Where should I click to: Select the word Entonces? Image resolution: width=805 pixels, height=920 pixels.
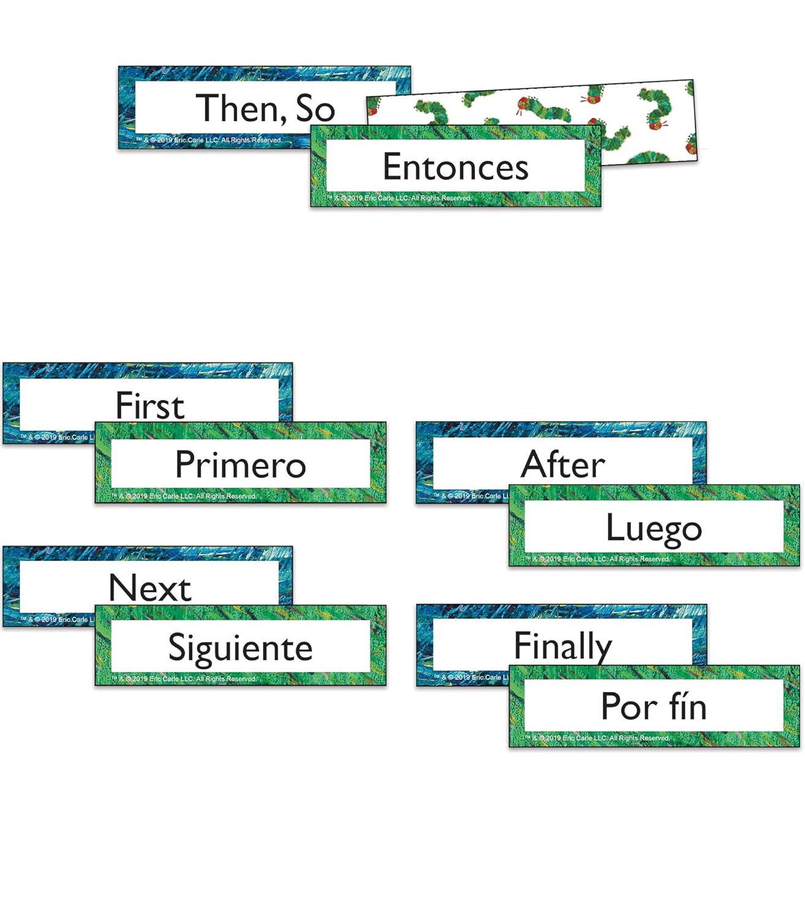point(456,167)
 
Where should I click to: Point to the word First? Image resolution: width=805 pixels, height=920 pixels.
point(150,405)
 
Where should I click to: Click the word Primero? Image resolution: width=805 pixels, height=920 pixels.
point(240,464)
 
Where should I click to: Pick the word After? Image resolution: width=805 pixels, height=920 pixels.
point(563,464)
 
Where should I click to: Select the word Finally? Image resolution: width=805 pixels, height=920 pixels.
point(563,646)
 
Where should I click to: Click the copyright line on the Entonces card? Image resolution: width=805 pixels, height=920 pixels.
point(399,198)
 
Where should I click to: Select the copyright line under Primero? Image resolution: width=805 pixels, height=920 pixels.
point(184,496)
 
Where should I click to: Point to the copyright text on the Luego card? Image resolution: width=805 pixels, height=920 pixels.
point(597,559)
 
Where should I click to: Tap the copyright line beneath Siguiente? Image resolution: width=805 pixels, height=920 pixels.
point(184,678)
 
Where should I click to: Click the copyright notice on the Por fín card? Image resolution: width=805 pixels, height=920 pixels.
point(597,738)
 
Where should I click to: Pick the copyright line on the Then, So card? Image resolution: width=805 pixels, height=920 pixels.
point(209,140)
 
